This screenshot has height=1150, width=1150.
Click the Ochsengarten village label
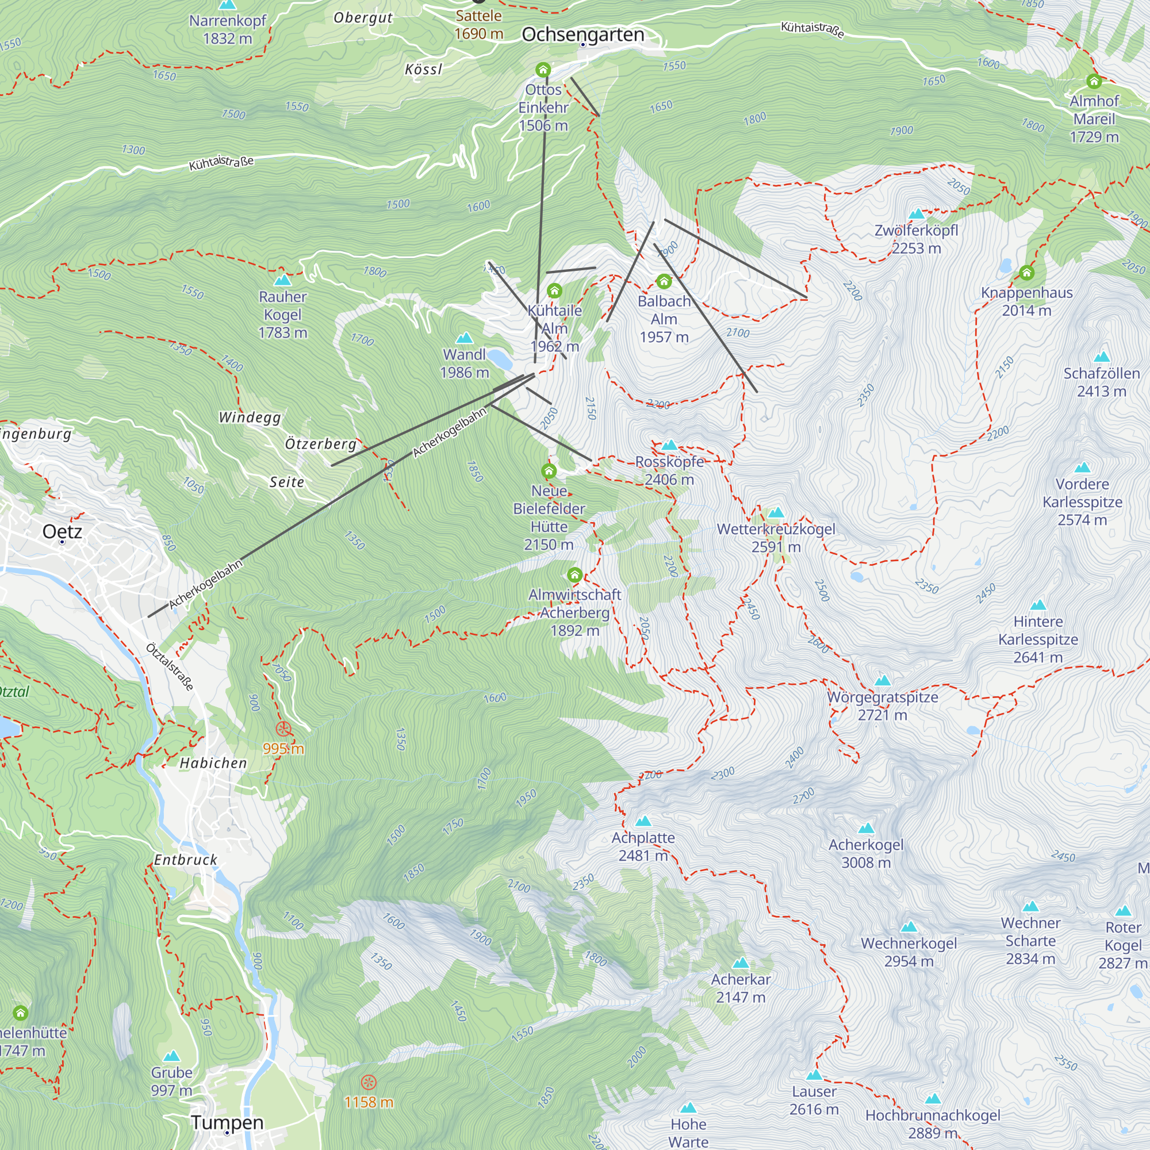(582, 34)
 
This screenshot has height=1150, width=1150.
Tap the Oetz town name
(62, 531)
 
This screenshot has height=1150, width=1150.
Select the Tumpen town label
(227, 1122)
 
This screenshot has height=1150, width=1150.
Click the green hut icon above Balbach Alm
(664, 281)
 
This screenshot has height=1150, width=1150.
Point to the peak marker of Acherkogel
(866, 829)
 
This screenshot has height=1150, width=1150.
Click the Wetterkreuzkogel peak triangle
(776, 513)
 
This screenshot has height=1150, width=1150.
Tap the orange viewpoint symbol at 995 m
(283, 729)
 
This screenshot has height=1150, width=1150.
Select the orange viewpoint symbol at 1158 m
(369, 1082)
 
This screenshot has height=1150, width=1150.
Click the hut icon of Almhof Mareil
(1094, 81)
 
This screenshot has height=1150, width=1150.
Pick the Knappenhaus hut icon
(1026, 273)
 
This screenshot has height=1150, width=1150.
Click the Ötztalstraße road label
(170, 666)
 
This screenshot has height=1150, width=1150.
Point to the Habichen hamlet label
(213, 763)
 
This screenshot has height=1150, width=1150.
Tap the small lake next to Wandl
(500, 359)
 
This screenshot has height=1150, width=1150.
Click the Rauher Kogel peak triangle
(283, 280)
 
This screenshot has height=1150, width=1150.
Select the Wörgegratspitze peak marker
(882, 681)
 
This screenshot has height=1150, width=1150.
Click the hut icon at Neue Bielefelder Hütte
(549, 471)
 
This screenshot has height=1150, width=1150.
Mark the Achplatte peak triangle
(643, 822)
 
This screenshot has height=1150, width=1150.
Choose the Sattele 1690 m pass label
(478, 24)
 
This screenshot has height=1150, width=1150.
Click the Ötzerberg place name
(320, 444)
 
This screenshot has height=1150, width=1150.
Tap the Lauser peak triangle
(814, 1075)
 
